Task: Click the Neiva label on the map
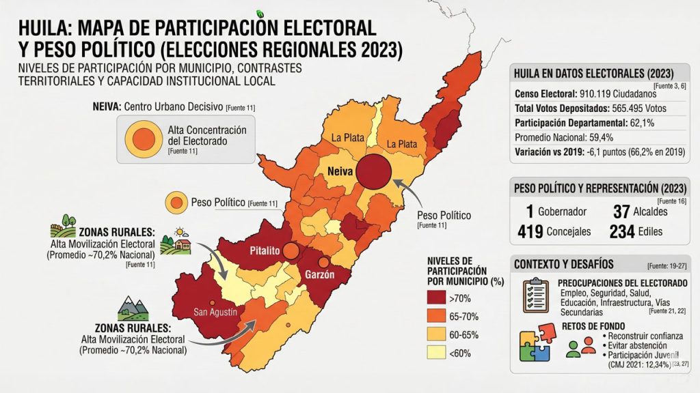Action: [339, 171]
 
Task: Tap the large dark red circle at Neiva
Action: [375, 171]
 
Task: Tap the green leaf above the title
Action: [260, 13]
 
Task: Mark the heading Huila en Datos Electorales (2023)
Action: [593, 74]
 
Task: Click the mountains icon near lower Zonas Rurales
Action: [134, 309]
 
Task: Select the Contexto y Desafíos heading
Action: [563, 264]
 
